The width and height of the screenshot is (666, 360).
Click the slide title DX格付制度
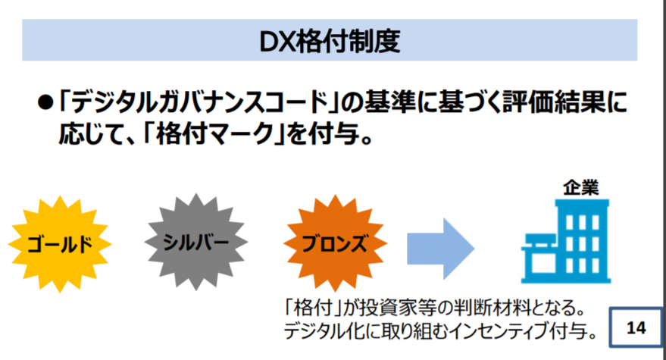[330, 42]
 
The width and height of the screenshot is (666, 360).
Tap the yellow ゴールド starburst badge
[59, 244]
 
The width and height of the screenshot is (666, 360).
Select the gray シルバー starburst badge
[195, 242]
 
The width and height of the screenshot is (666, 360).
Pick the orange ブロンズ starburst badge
[335, 243]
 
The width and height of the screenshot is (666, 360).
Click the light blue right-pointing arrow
[440, 249]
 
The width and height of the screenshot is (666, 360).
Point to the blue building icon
[566, 242]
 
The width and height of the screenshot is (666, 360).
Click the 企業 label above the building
[580, 187]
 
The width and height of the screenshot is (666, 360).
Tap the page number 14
[636, 327]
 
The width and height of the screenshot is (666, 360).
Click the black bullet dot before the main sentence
[45, 102]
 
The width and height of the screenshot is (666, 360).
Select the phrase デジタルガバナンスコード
[201, 102]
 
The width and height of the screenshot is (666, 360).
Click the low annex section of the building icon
[538, 258]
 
